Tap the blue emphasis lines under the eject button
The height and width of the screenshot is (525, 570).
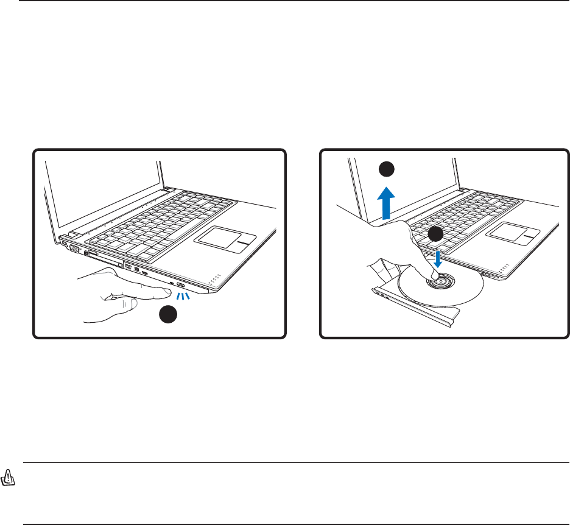(x=183, y=295)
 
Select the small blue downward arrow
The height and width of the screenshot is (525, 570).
(x=437, y=260)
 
